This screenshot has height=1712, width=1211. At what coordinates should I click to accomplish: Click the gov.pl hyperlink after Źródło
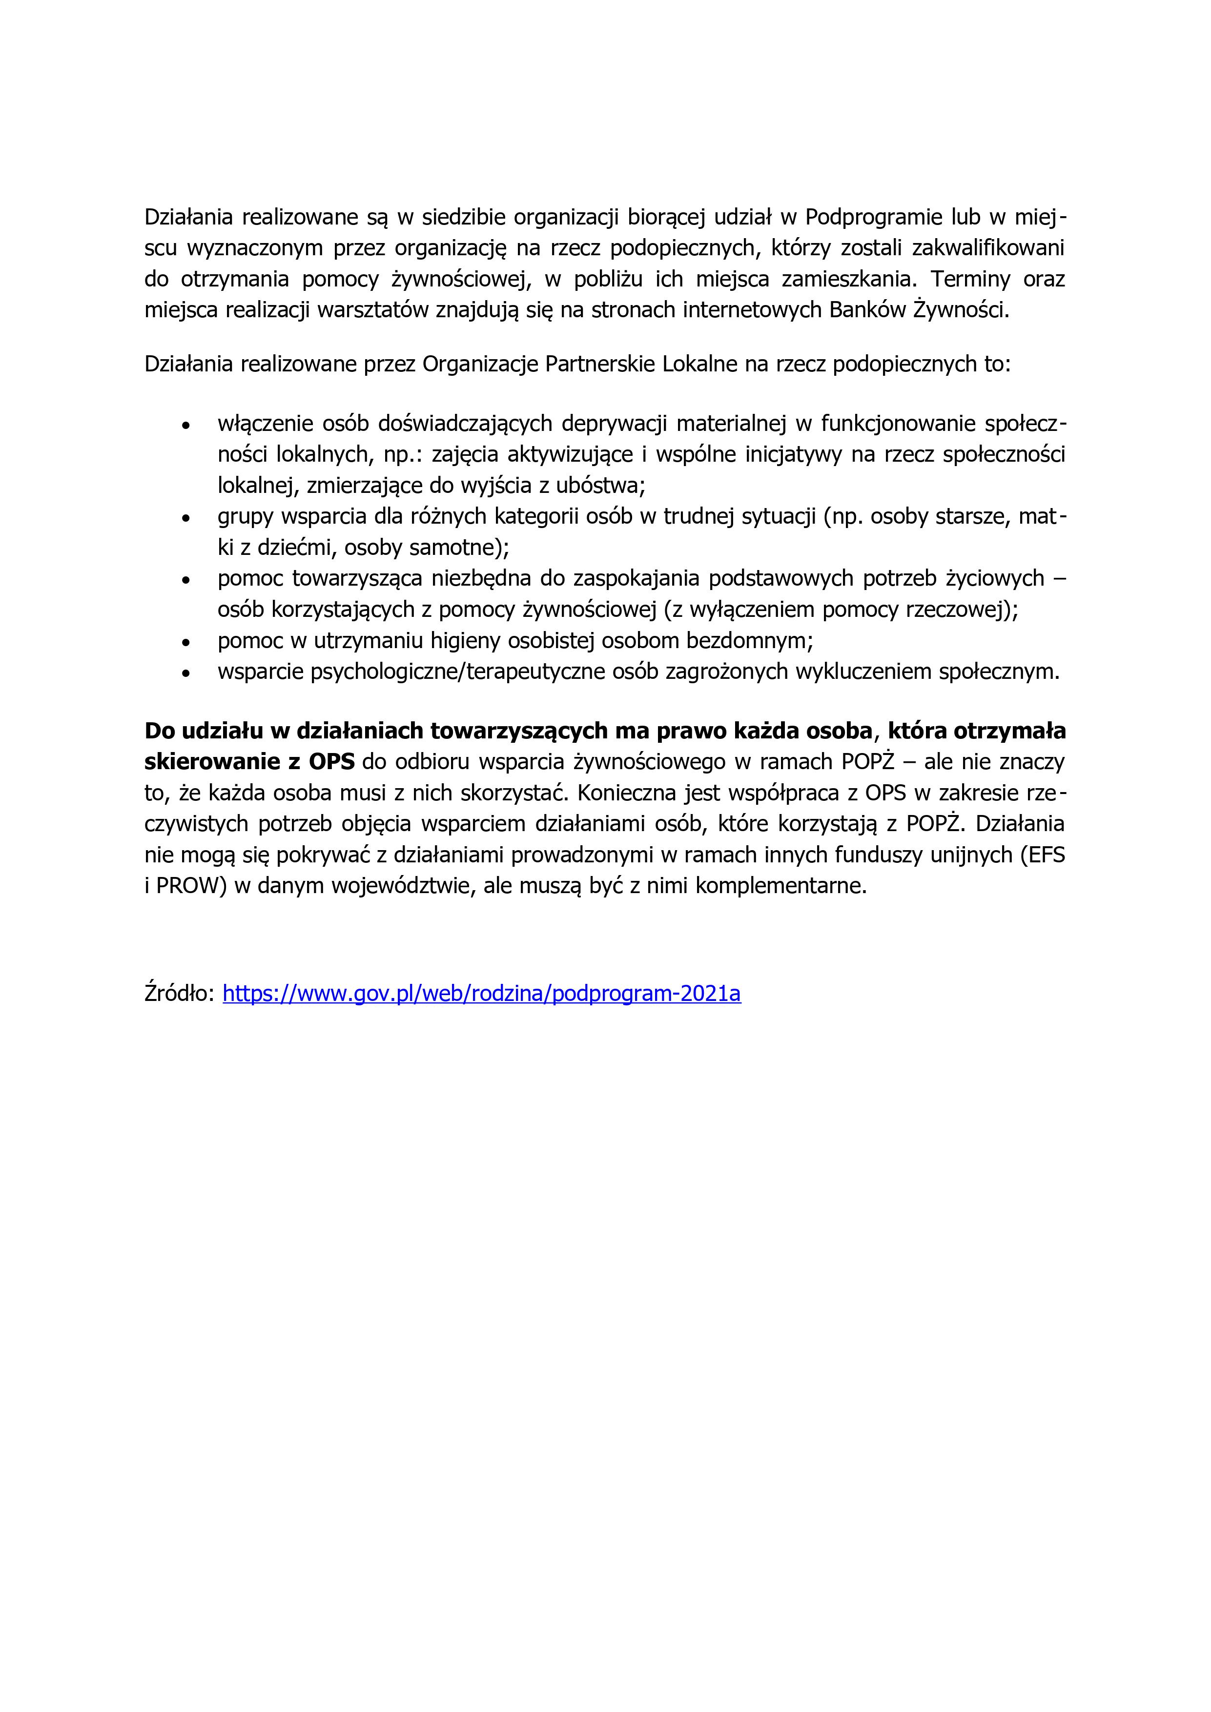482,994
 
